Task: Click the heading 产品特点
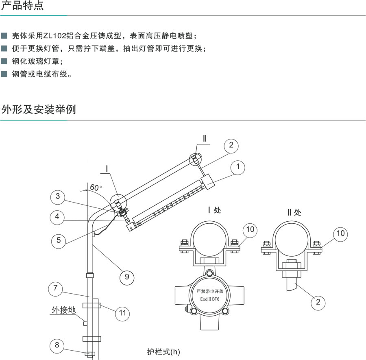pyautogui.click(x=22, y=5)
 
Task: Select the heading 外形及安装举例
pyautogui.click(x=39, y=109)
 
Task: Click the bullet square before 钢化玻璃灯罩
pyautogui.click(x=4, y=61)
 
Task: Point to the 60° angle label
pyautogui.click(x=96, y=187)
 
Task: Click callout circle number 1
pyautogui.click(x=237, y=167)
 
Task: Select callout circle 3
pyautogui.click(x=58, y=196)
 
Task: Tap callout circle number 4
pyautogui.click(x=57, y=217)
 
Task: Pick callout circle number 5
pyautogui.click(x=58, y=240)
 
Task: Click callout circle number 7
pyautogui.click(x=55, y=288)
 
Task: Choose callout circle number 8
pyautogui.click(x=57, y=345)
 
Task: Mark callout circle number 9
pyautogui.click(x=127, y=277)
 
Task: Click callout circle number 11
pyautogui.click(x=122, y=313)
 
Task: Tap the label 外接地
pyautogui.click(x=64, y=310)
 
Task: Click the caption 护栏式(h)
pyautogui.click(x=163, y=351)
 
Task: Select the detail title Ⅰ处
pyautogui.click(x=214, y=210)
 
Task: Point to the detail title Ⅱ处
pyautogui.click(x=294, y=212)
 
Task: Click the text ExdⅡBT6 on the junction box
pyautogui.click(x=209, y=299)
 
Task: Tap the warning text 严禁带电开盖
pyautogui.click(x=210, y=291)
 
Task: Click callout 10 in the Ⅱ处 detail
pyautogui.click(x=340, y=233)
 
